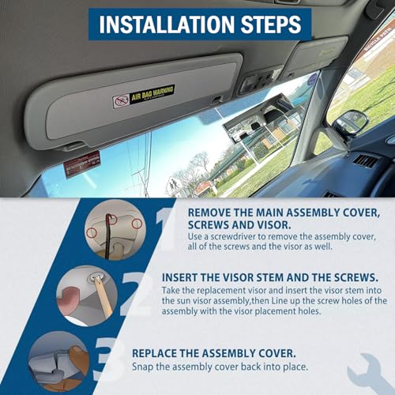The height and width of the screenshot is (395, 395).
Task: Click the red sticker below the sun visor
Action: [82, 164]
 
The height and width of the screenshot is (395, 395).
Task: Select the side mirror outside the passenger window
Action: [350, 124]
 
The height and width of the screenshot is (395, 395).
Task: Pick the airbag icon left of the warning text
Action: [120, 101]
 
